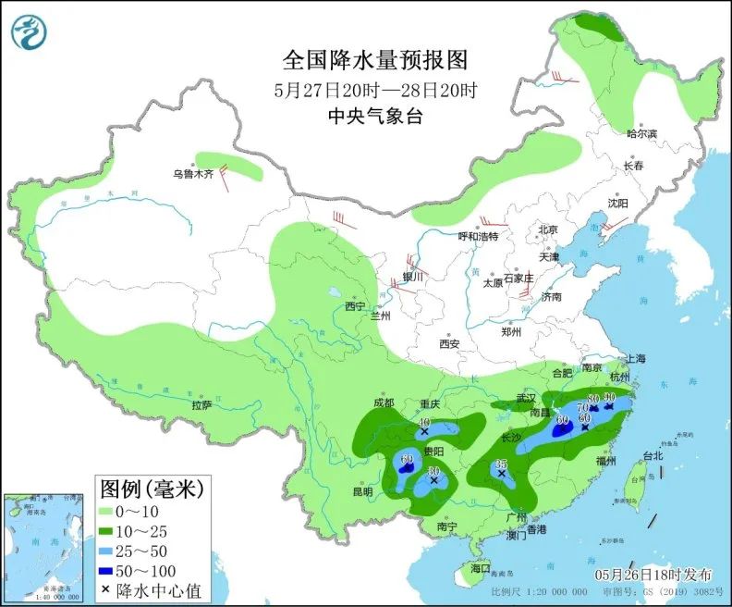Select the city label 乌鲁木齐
pos(193,173)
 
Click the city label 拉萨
pos(202,405)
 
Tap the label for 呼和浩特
pos(478,237)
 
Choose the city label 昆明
pos(361,491)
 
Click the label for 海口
pos(479,567)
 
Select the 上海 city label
pos(635,359)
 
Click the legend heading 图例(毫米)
pos(152,487)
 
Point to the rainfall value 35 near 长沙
pos(502,464)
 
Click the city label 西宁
pos(355,306)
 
